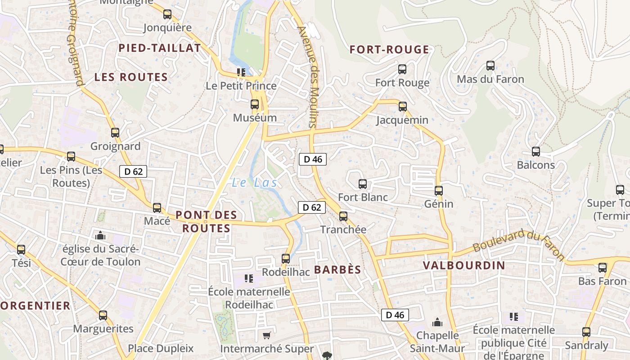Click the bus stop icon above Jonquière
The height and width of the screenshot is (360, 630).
coord(167,14)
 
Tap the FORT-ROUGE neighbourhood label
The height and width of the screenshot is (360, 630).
coord(389,49)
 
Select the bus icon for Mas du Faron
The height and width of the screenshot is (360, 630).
coord(490,66)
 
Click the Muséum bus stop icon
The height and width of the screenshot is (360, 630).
coord(255,104)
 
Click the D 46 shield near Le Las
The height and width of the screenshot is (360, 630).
coord(313,159)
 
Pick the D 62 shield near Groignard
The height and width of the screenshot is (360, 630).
coord(133,171)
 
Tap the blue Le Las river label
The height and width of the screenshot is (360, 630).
coord(254,183)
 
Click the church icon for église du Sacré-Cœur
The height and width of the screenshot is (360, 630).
coord(100,235)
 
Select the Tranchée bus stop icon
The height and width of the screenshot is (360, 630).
coord(343,216)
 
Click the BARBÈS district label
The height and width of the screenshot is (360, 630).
coord(337,270)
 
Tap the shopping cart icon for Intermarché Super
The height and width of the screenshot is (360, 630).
coord(266,335)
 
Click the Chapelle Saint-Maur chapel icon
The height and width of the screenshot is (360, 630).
coord(437,322)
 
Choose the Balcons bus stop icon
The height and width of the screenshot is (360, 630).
coord(535,152)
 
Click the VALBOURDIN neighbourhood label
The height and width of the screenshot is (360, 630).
coord(464,265)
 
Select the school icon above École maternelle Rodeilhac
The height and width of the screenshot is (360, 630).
coord(248,279)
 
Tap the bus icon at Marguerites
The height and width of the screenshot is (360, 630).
coord(103,315)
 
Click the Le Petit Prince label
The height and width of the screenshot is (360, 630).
coord(241,85)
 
